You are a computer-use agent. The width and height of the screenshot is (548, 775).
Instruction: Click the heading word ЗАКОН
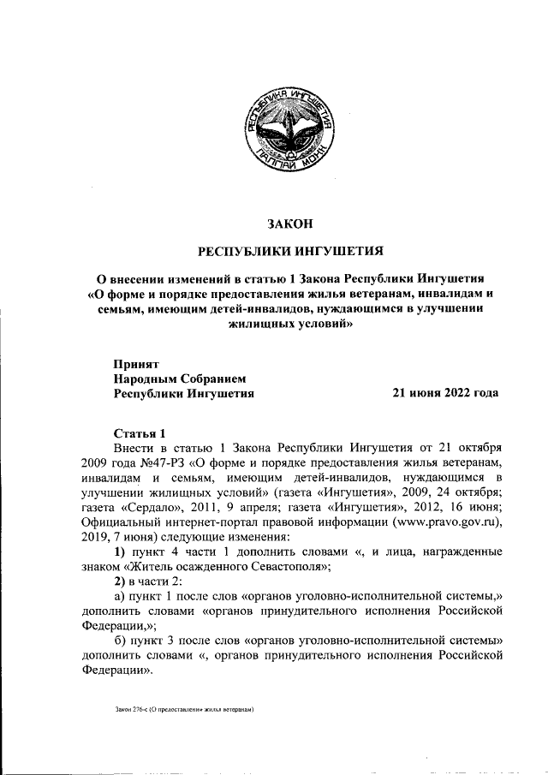tap(290, 224)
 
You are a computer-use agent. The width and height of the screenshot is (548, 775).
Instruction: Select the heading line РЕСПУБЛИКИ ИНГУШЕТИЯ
tap(290, 252)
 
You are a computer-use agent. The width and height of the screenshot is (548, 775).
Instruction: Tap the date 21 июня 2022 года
tap(444, 393)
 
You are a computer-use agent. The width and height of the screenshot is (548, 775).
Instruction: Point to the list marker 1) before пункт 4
tap(120, 554)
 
